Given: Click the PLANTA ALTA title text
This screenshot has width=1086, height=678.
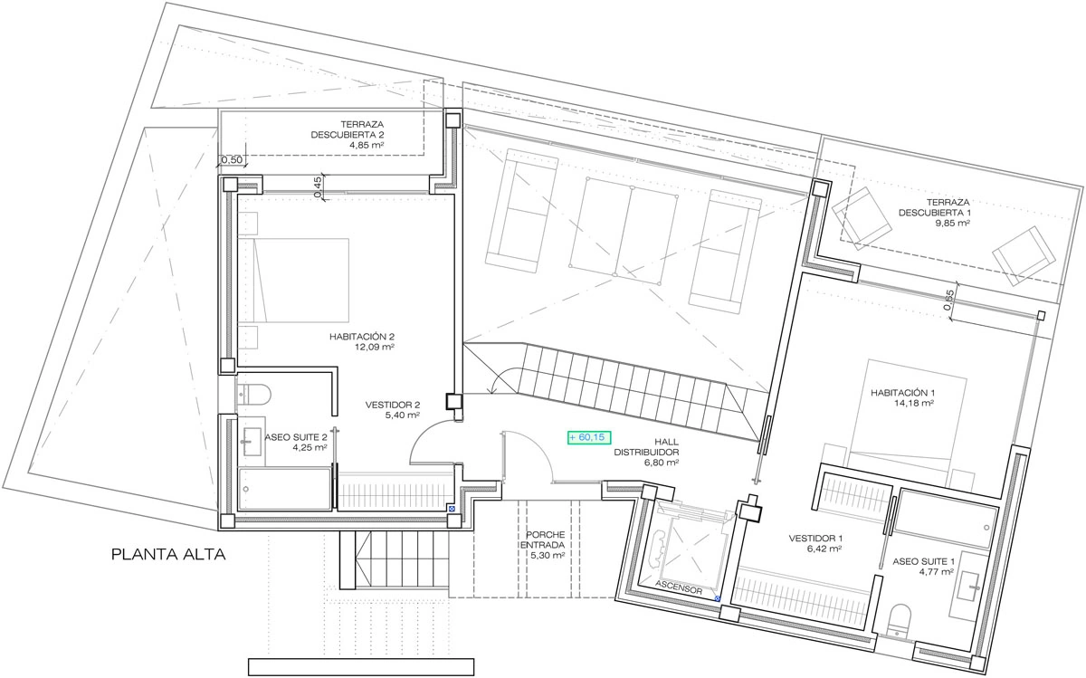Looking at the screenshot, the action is point(168,554).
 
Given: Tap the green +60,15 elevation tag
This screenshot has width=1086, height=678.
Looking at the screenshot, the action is point(589,437).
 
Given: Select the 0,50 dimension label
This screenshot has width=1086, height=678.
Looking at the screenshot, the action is point(232,159).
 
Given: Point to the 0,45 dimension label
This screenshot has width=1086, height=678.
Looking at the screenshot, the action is point(317,186).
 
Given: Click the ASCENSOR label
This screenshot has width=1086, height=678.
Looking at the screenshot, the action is point(679,587).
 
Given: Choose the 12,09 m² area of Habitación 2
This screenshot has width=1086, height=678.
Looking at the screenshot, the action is point(375,347).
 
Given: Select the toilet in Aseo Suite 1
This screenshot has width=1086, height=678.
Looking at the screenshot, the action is point(900,621).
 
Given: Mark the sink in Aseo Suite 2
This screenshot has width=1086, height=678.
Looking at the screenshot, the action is point(252,442).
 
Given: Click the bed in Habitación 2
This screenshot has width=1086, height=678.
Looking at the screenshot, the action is point(293,281).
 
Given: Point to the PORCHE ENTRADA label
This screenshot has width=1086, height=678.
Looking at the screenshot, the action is point(543,540).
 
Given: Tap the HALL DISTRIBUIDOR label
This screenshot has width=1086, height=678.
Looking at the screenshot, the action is point(647,447).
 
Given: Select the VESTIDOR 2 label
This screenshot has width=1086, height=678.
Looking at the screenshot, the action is point(393,405).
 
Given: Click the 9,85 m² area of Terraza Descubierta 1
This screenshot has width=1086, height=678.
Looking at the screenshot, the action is point(953,223).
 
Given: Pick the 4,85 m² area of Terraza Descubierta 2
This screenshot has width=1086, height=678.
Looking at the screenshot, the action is point(367,145).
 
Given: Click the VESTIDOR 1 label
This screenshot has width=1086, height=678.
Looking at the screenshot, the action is point(815,539).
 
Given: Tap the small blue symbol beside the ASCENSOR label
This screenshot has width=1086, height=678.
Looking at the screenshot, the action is point(718,599).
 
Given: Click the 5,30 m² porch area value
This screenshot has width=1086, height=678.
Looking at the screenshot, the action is point(548,555).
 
